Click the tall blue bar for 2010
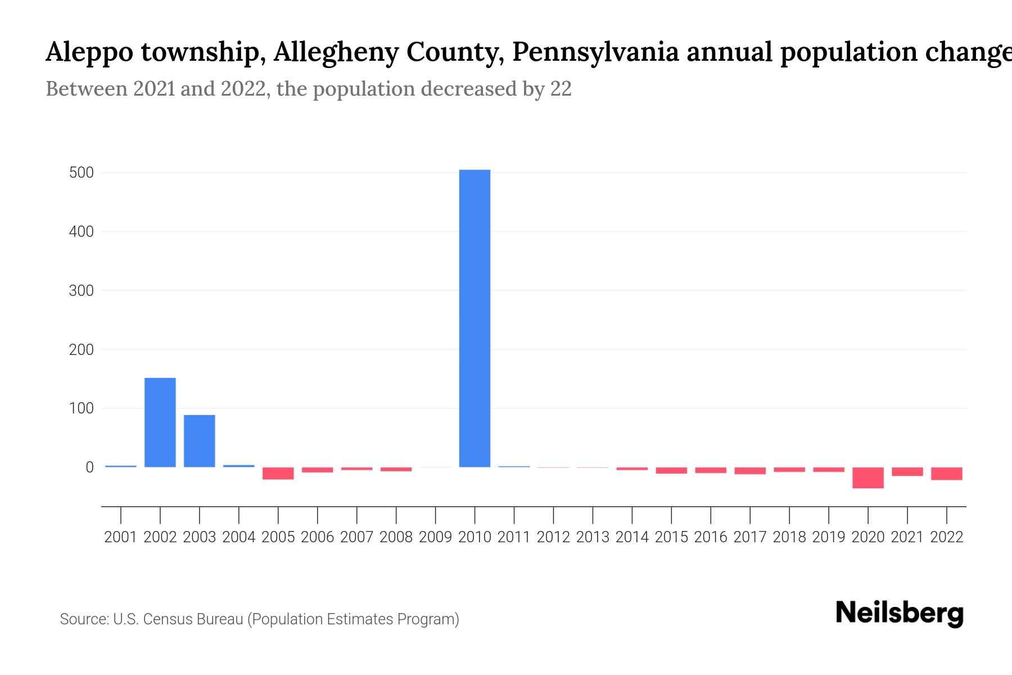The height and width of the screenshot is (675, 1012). click(475, 318)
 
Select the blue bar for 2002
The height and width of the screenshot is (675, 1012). click(160, 422)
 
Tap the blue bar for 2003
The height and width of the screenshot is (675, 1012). click(200, 440)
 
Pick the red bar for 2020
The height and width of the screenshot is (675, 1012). click(868, 478)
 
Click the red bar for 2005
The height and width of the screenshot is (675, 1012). click(278, 473)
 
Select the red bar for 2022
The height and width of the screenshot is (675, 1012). click(947, 474)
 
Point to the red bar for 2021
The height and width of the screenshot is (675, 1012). click(907, 471)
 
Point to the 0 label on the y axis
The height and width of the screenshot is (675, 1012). click(89, 467)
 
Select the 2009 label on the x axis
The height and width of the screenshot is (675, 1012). click(435, 537)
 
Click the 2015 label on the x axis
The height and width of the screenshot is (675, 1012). click(671, 537)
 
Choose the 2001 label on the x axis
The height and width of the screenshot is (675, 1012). click(121, 537)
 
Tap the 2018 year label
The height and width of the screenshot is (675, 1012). click(789, 537)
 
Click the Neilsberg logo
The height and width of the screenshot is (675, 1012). click(900, 613)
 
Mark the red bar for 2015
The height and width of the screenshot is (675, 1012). click(671, 470)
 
